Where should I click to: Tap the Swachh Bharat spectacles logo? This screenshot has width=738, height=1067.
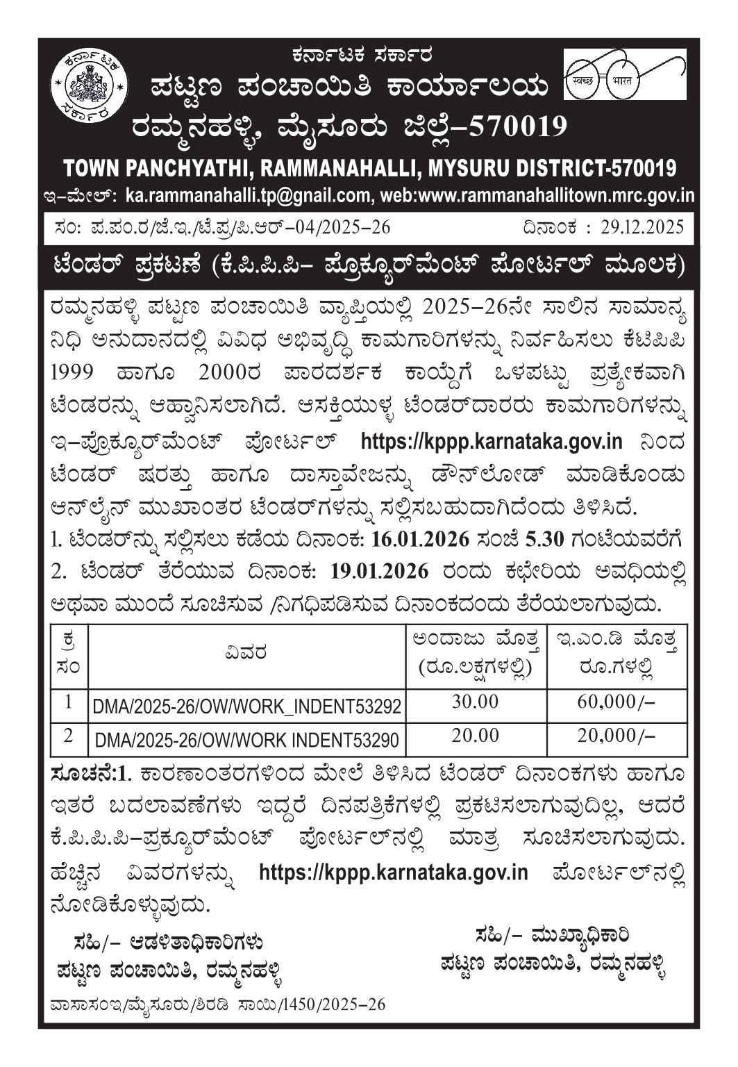(623, 74)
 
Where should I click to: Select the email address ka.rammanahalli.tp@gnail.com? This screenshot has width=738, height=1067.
(247, 196)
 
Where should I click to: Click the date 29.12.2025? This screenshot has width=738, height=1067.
(642, 227)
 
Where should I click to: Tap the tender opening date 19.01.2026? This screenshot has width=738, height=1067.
(380, 570)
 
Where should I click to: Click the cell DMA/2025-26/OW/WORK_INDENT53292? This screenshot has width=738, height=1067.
(247, 707)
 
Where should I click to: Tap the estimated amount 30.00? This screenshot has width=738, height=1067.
(476, 702)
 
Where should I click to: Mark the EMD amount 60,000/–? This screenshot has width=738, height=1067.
(616, 702)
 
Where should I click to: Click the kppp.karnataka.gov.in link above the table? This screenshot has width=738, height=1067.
(492, 441)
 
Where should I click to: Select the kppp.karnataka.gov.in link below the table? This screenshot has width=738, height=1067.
(393, 872)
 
